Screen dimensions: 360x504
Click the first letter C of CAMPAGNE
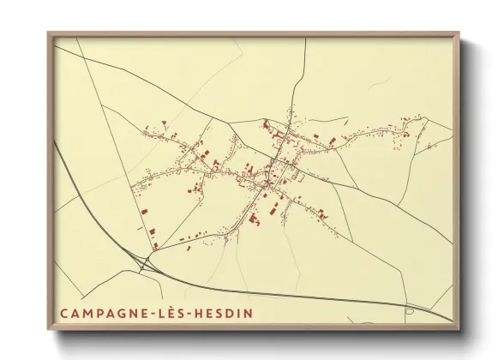click(63, 314)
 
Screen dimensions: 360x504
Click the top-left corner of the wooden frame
click(49, 33)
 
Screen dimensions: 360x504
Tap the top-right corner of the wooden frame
click(459, 33)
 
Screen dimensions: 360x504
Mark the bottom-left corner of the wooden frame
click(49, 329)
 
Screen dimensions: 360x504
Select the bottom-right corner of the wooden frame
click(459, 329)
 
